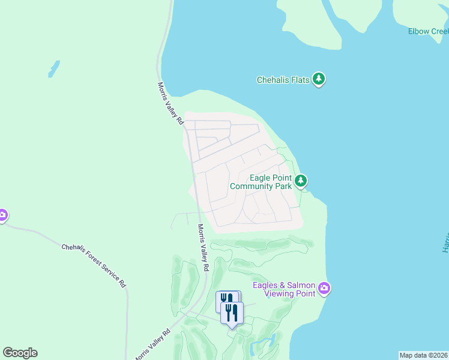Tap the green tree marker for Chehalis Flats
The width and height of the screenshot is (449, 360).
319,79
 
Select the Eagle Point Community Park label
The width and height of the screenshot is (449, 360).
261,182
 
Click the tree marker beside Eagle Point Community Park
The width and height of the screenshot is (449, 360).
301,180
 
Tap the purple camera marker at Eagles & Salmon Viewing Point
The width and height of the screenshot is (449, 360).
324,289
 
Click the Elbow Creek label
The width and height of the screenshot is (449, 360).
427,31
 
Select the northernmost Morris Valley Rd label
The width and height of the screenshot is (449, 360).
170,103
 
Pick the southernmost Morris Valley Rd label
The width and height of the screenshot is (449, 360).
151,345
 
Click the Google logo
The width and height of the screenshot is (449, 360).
20,353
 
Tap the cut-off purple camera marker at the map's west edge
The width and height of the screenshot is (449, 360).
2,215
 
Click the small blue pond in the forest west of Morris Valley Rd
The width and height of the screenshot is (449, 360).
54,68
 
